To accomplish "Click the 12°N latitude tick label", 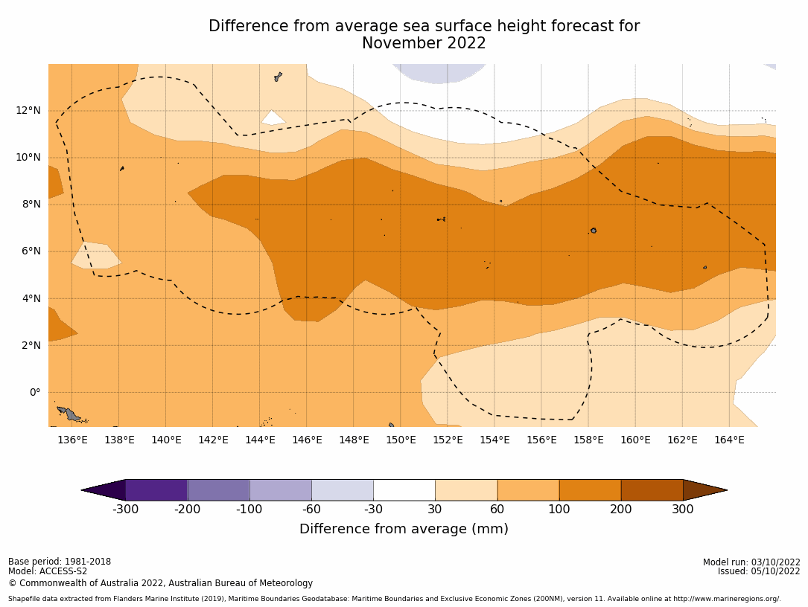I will point(29,110).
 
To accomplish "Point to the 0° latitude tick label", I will point(34,392).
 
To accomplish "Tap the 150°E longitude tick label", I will point(401,440).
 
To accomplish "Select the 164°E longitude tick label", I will point(729,440).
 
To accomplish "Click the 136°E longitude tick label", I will point(72,440).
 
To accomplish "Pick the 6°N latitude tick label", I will point(31,251).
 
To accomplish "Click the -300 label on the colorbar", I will point(125,510).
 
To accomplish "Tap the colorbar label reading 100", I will point(559,510).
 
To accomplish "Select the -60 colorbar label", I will point(311,510).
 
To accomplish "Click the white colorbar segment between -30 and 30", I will point(404,490).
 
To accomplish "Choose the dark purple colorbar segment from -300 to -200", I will point(156,490).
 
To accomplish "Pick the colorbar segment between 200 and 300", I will point(652,490).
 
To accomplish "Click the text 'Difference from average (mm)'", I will point(404,529).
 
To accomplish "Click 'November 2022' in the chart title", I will point(424,44).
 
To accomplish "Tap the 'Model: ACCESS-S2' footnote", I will point(48,571).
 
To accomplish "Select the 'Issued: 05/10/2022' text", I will point(759,571).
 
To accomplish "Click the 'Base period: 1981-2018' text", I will point(60,562).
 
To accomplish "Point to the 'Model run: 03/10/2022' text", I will point(751,562).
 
